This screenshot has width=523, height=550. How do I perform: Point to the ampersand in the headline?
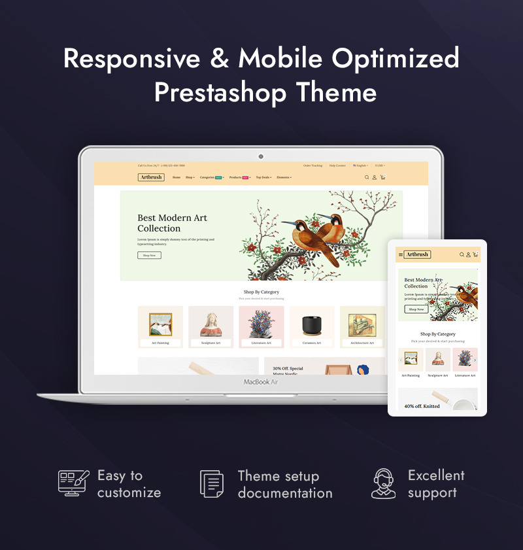click(219, 59)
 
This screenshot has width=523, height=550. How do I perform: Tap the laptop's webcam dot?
click(261, 156)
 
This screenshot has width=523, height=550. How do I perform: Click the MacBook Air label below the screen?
click(261, 381)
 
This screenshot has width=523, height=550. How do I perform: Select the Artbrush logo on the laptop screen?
click(151, 177)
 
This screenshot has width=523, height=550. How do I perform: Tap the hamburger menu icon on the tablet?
click(401, 254)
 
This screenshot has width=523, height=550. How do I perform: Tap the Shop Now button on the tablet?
click(416, 309)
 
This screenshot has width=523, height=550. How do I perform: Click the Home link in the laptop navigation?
click(177, 177)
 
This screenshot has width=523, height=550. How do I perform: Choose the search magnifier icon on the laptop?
click(367, 177)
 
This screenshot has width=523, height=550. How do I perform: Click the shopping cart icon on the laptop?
click(382, 177)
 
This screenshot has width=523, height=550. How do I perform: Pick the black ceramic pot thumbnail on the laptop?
click(312, 324)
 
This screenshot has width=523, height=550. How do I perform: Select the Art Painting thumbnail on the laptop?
click(160, 324)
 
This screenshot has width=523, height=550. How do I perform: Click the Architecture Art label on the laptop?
click(362, 343)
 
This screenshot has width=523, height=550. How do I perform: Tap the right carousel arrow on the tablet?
click(475, 360)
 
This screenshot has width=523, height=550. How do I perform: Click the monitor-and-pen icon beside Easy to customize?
click(73, 483)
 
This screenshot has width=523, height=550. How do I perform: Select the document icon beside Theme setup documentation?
click(212, 483)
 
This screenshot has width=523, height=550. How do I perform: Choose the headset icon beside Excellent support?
click(384, 483)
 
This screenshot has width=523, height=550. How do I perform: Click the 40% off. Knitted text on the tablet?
click(422, 406)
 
